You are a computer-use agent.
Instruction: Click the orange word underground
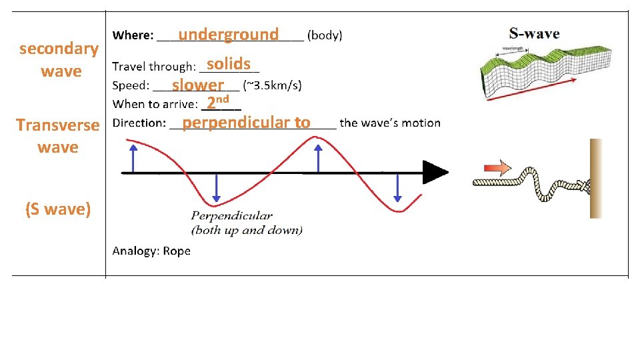coord(228,34)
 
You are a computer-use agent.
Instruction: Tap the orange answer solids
coord(229,64)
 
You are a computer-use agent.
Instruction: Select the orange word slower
coord(197,85)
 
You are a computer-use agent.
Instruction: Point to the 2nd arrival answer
coord(217,103)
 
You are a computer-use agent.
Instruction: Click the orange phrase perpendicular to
coord(246,123)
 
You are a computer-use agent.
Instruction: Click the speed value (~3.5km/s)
coord(272,85)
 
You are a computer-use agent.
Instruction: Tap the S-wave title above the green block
coord(534,33)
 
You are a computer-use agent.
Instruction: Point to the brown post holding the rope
coord(595,178)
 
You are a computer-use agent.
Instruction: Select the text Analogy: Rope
coord(151,251)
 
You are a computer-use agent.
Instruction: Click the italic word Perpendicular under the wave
coord(231,216)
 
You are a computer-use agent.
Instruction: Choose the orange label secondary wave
coord(59,59)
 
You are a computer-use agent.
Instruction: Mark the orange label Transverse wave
coord(58,135)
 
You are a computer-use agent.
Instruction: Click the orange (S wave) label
coord(58,209)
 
